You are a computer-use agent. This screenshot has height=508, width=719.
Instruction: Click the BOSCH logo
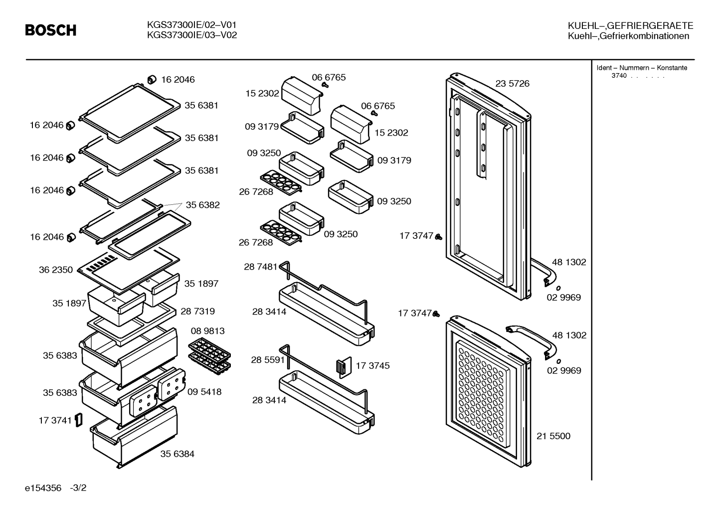coord(51,30)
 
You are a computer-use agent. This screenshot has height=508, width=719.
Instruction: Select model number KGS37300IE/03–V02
coord(192,35)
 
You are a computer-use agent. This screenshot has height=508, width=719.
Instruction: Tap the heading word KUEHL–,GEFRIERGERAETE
coord(630,25)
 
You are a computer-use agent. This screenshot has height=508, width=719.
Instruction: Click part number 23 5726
coord(512,83)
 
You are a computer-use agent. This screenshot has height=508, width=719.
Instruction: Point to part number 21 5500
coord(553,436)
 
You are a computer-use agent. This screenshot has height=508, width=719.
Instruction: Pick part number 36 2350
coord(56,270)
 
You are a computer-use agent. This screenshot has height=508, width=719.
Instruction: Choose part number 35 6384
coord(177,454)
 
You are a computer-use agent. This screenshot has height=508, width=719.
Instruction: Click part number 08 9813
coord(208,331)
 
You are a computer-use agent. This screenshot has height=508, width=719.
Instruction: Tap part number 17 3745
coord(372,365)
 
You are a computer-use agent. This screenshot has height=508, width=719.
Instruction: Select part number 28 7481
coord(260,267)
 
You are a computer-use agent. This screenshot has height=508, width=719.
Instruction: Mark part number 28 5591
coord(268,360)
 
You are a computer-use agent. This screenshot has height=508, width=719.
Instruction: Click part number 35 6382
coord(202,205)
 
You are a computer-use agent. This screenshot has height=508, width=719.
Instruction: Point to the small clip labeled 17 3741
coord(79,420)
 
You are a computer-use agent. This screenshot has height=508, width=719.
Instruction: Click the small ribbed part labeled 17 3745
coord(344,367)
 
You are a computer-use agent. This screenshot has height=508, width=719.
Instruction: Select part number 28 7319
coord(198,311)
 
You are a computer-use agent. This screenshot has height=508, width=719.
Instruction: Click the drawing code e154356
coord(43,488)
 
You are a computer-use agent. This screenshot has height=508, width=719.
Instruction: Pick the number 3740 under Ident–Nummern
coord(619,76)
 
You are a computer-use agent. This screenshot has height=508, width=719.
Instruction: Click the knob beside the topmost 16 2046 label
coord(152,79)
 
